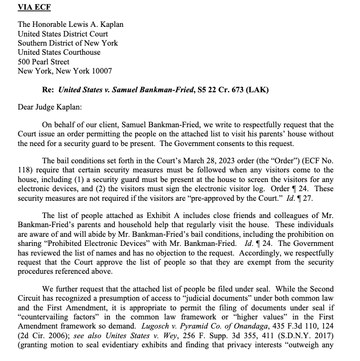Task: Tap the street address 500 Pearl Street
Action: point(44,62)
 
